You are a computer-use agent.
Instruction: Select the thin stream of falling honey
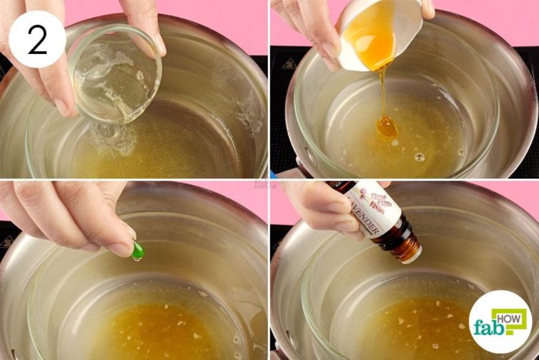click(x=382, y=92)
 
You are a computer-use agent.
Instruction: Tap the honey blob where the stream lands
click(x=387, y=128)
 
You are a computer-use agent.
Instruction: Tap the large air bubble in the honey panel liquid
click(x=420, y=157)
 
